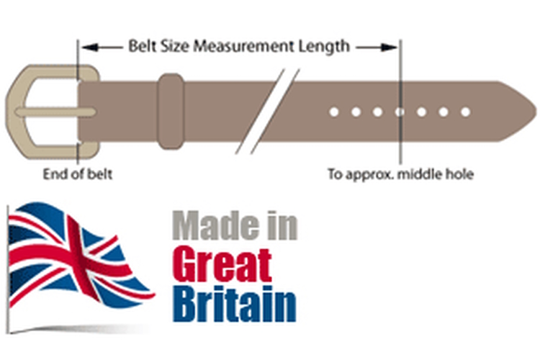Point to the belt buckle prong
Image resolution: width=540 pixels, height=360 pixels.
(x=55, y=112)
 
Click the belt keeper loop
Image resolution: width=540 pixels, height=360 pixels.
(x=171, y=112)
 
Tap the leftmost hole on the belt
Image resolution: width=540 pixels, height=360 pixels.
(x=333, y=112)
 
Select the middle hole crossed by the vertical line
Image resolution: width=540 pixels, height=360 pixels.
(x=400, y=112)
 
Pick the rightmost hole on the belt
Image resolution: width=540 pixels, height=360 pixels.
(x=465, y=112)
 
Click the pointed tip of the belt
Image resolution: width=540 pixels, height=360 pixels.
(x=536, y=112)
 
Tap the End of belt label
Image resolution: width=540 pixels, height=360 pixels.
(x=78, y=174)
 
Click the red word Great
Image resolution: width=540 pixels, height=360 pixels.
(x=222, y=264)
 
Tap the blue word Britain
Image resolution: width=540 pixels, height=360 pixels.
(x=234, y=305)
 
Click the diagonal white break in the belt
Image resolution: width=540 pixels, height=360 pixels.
(x=267, y=112)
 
